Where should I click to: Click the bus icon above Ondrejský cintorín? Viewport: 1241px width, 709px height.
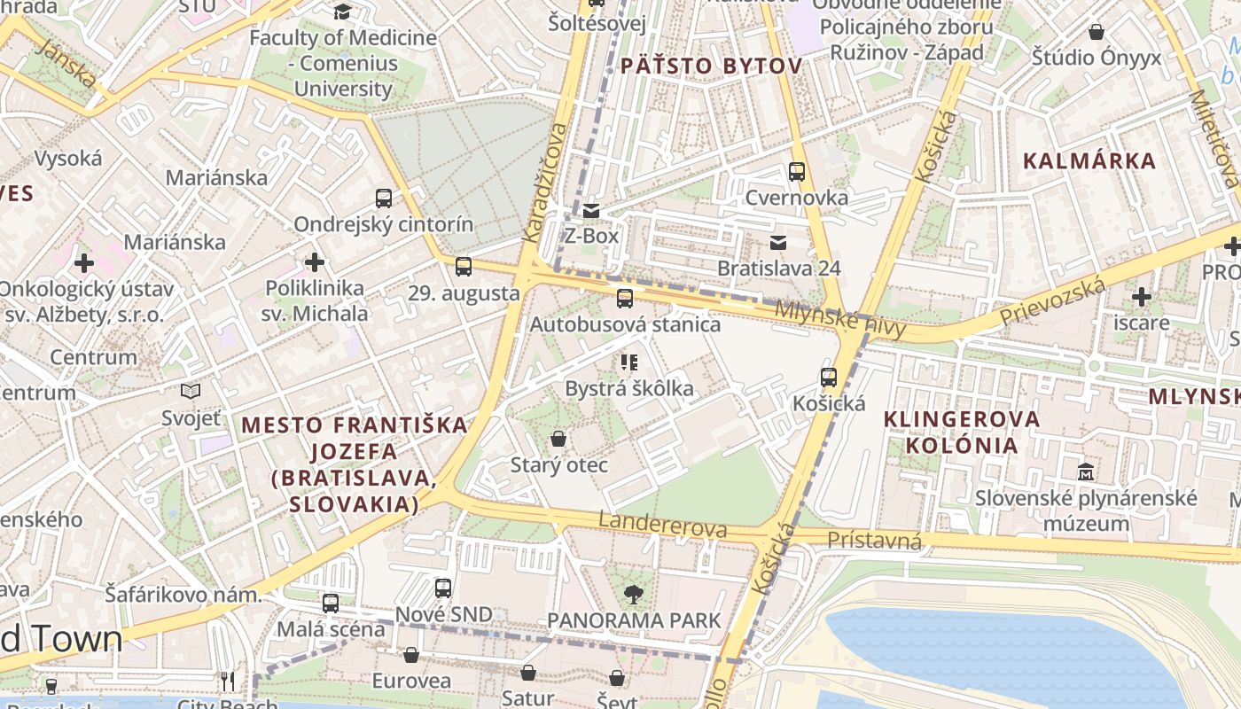tap(384, 199)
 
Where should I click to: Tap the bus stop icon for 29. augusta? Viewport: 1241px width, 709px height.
tap(463, 267)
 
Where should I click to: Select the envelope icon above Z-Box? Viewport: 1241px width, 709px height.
tap(591, 211)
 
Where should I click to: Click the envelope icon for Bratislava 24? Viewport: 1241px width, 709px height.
tap(778, 243)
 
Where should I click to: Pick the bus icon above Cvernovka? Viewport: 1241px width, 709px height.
tap(797, 172)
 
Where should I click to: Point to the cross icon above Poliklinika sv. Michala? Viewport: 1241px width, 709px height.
tap(314, 262)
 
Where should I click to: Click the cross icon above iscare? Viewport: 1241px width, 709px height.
tap(1142, 297)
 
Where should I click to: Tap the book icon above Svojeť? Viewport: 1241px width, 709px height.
tap(191, 391)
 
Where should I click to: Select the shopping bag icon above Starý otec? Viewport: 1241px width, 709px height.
tap(558, 439)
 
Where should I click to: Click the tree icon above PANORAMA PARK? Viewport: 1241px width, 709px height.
tap(634, 594)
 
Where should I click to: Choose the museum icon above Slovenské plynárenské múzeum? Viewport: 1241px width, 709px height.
tap(1086, 471)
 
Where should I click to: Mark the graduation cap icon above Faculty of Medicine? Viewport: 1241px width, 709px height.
tap(342, 12)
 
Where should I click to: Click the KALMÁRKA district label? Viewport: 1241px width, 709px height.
tap(1089, 161)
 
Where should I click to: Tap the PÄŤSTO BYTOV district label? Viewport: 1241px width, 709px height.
tap(711, 66)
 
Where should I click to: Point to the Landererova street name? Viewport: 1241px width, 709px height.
tap(663, 525)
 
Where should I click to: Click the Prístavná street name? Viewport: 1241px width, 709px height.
tap(874, 541)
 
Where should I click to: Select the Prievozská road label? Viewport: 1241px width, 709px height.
tap(1052, 301)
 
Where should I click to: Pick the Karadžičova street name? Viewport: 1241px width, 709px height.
tap(545, 182)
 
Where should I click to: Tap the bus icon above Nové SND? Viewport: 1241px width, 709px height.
tap(443, 588)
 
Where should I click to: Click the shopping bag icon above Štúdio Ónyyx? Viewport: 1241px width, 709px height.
tap(1097, 33)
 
